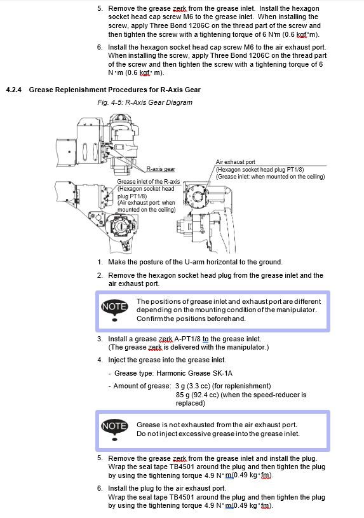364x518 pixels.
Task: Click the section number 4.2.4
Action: click(13, 90)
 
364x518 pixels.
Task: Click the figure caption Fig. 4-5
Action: click(110, 102)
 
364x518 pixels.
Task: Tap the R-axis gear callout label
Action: click(161, 169)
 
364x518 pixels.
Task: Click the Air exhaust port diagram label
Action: click(236, 162)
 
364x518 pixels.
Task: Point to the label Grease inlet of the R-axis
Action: click(148, 182)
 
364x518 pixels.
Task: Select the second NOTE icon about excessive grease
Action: click(114, 429)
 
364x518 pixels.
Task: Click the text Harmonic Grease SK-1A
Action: click(194, 373)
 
